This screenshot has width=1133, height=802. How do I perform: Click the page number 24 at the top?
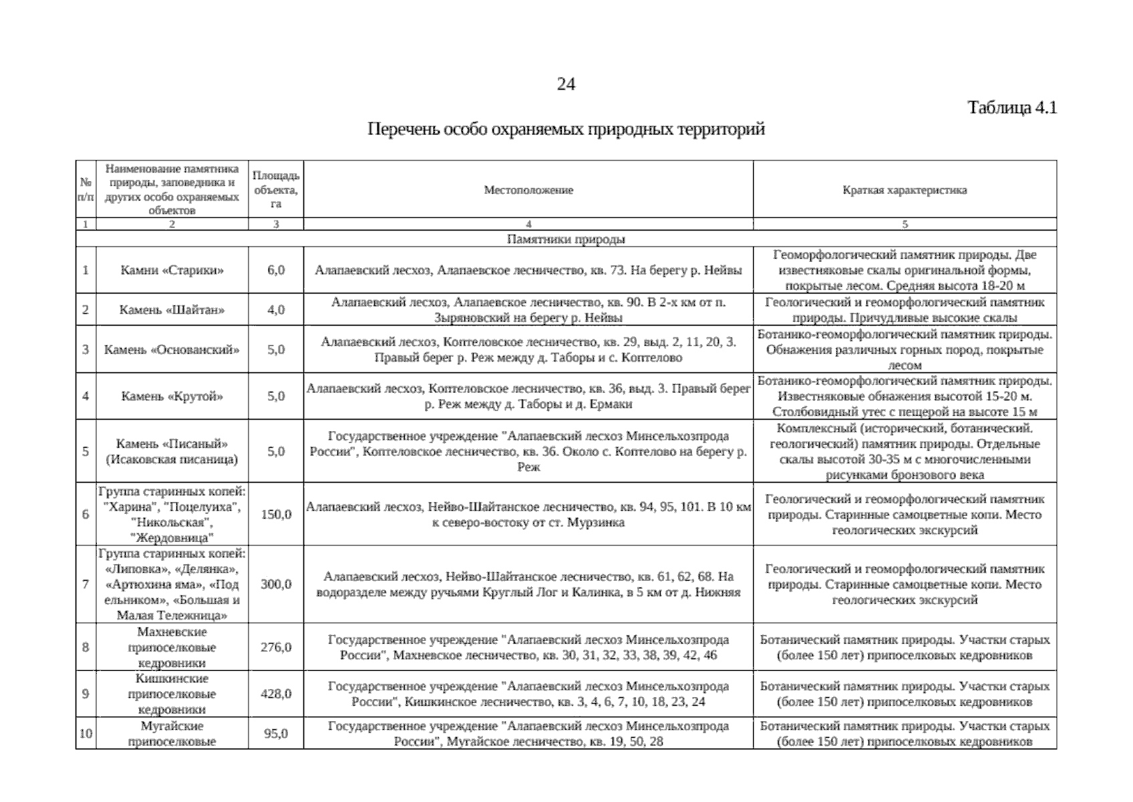[565, 84]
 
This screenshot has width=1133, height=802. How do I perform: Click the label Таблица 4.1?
[1012, 108]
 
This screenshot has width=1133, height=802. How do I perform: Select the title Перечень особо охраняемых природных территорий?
[566, 129]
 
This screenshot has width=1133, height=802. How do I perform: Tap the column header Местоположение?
[528, 190]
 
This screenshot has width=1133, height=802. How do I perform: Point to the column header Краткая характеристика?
[905, 190]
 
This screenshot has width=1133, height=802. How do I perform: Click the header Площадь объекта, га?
[276, 189]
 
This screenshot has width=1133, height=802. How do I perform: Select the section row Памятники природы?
[566, 239]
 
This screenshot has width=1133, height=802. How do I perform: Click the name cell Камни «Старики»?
[172, 270]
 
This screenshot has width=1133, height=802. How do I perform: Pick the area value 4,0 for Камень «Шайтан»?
[276, 309]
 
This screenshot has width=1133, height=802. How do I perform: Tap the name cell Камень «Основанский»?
[172, 349]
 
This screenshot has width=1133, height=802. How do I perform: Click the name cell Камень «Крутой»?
[172, 396]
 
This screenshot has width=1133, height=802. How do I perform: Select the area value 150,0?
[276, 515]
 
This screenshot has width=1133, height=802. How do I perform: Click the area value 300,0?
[276, 584]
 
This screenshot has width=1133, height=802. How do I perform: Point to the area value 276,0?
[276, 647]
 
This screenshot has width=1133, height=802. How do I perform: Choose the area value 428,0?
[276, 694]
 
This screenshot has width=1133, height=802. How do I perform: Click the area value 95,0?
[276, 733]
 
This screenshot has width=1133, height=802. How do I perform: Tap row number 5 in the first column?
[86, 451]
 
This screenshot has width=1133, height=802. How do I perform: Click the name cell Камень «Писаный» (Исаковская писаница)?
[172, 451]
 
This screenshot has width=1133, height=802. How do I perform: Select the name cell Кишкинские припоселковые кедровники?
[172, 694]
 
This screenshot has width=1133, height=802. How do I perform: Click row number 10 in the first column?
[86, 733]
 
